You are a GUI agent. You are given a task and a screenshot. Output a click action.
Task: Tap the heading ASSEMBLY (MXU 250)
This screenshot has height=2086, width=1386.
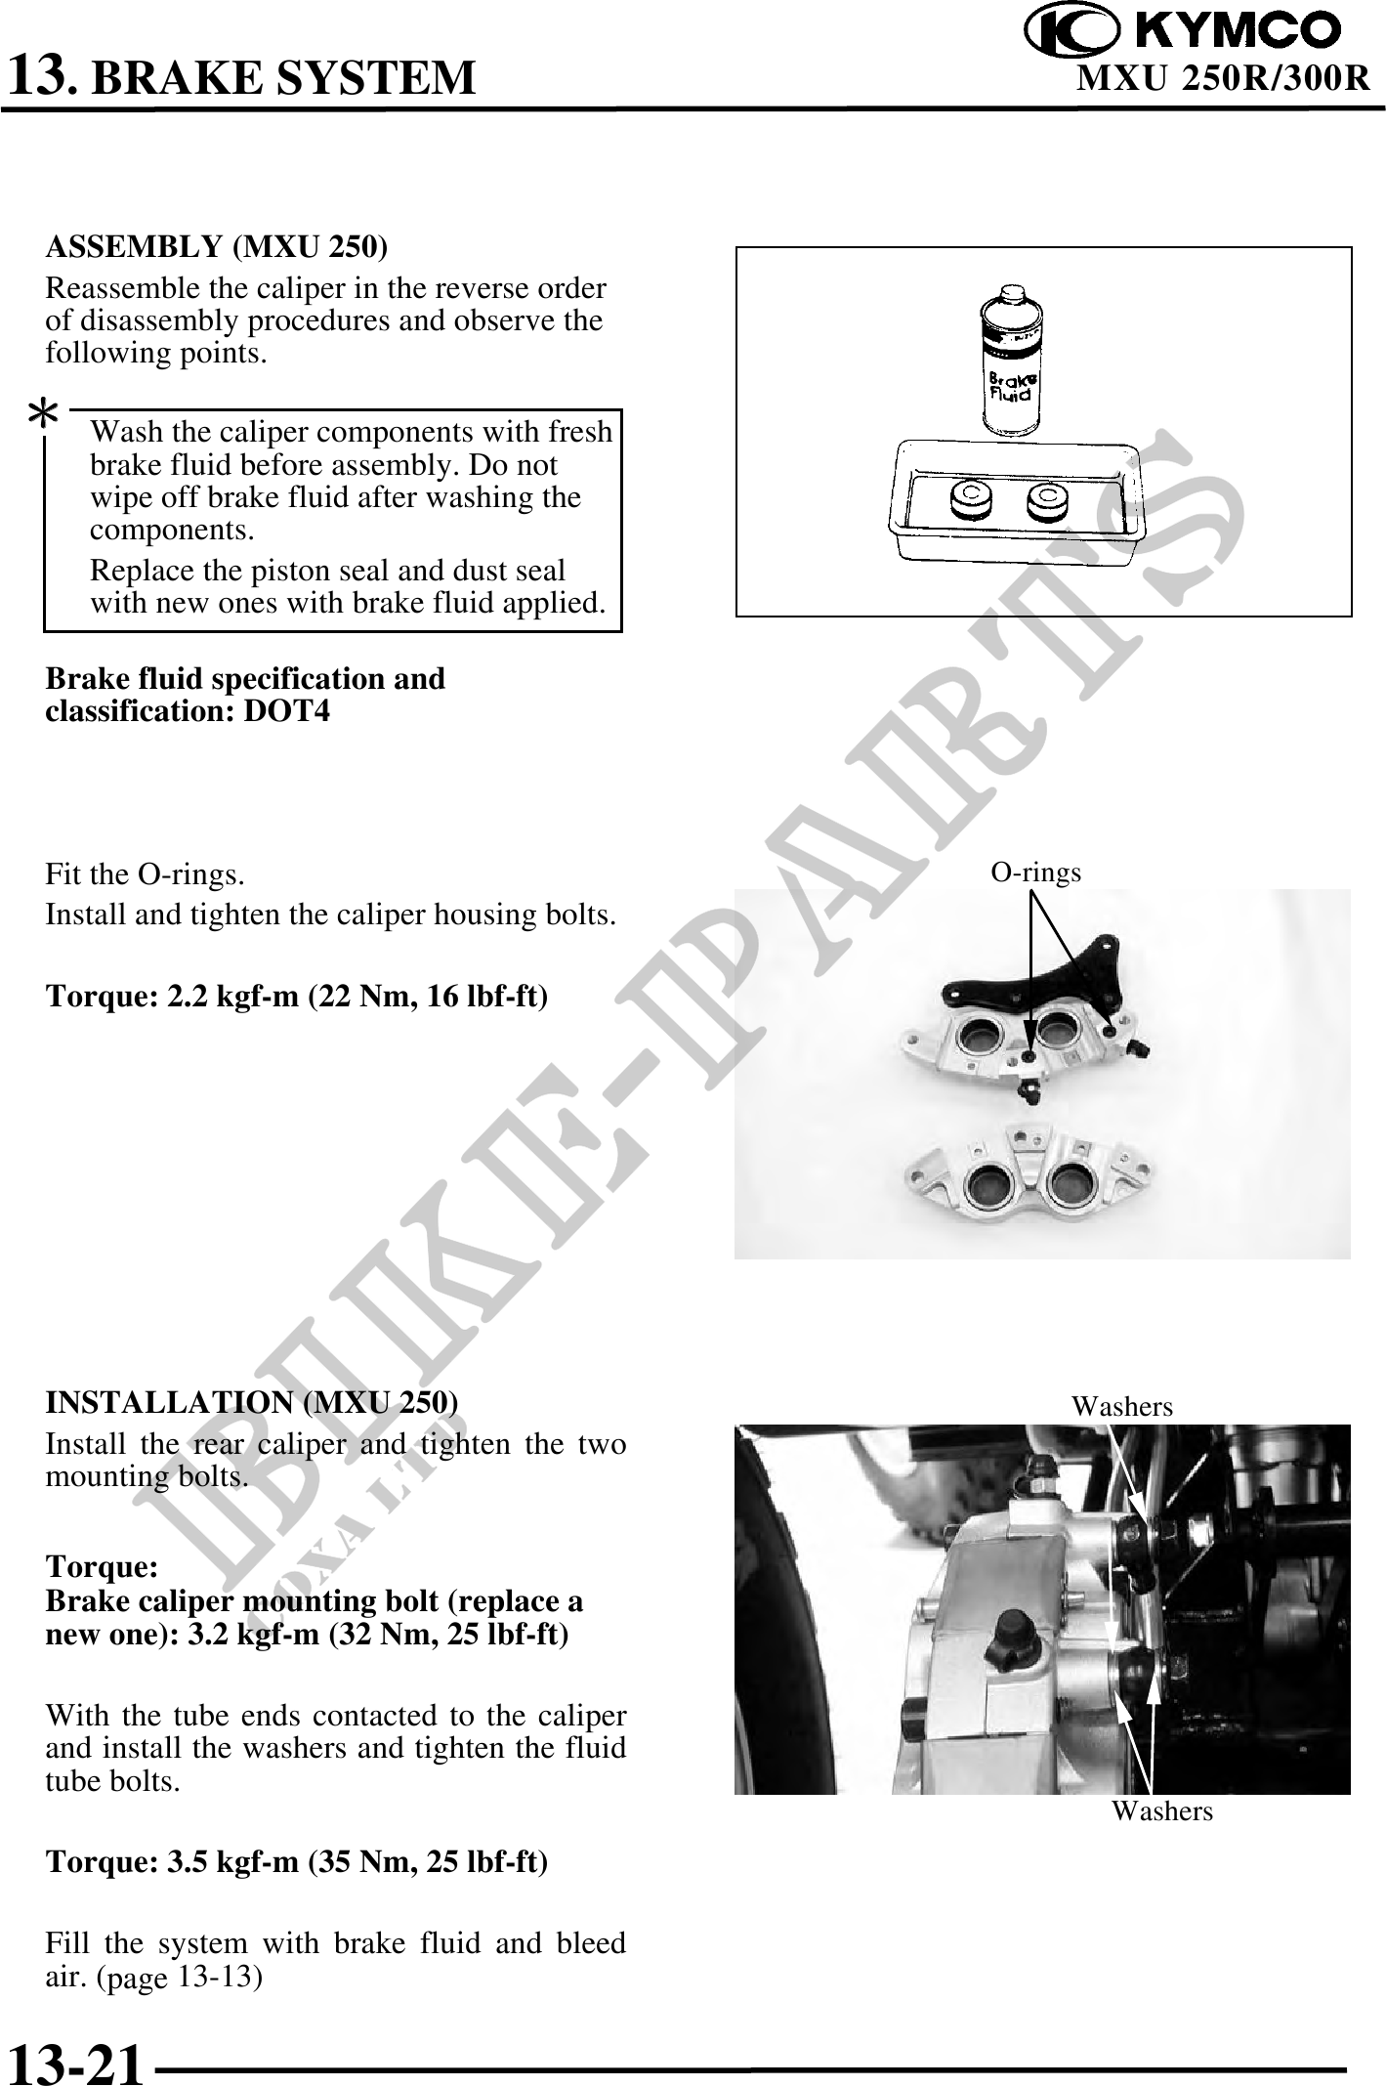(217, 247)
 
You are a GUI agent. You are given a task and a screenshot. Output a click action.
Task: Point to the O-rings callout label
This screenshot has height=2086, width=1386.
(1036, 872)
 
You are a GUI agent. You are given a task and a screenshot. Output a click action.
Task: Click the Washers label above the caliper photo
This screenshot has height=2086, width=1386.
(1122, 1406)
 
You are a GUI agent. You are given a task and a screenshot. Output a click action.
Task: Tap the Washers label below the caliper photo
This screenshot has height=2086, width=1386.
(1162, 1810)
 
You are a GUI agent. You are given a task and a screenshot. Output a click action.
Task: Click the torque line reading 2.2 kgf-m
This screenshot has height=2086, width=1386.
(298, 997)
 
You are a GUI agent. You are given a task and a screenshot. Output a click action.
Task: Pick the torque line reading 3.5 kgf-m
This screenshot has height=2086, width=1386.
(298, 1862)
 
